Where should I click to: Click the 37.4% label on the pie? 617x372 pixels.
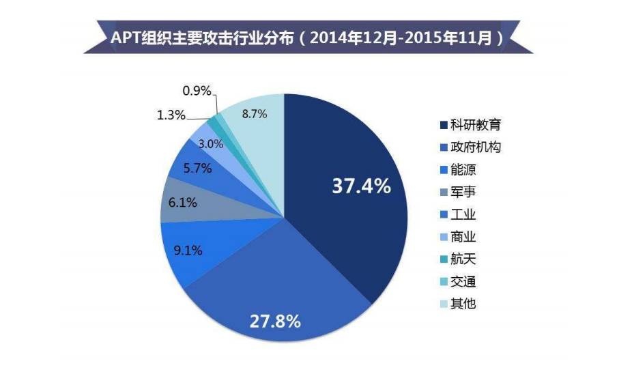361,186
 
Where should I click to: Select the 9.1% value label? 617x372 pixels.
188,250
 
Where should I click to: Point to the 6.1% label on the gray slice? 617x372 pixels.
183,202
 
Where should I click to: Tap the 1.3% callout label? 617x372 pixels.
171,115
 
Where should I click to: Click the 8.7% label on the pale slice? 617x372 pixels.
254,115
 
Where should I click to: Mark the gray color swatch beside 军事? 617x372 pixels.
444,192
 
